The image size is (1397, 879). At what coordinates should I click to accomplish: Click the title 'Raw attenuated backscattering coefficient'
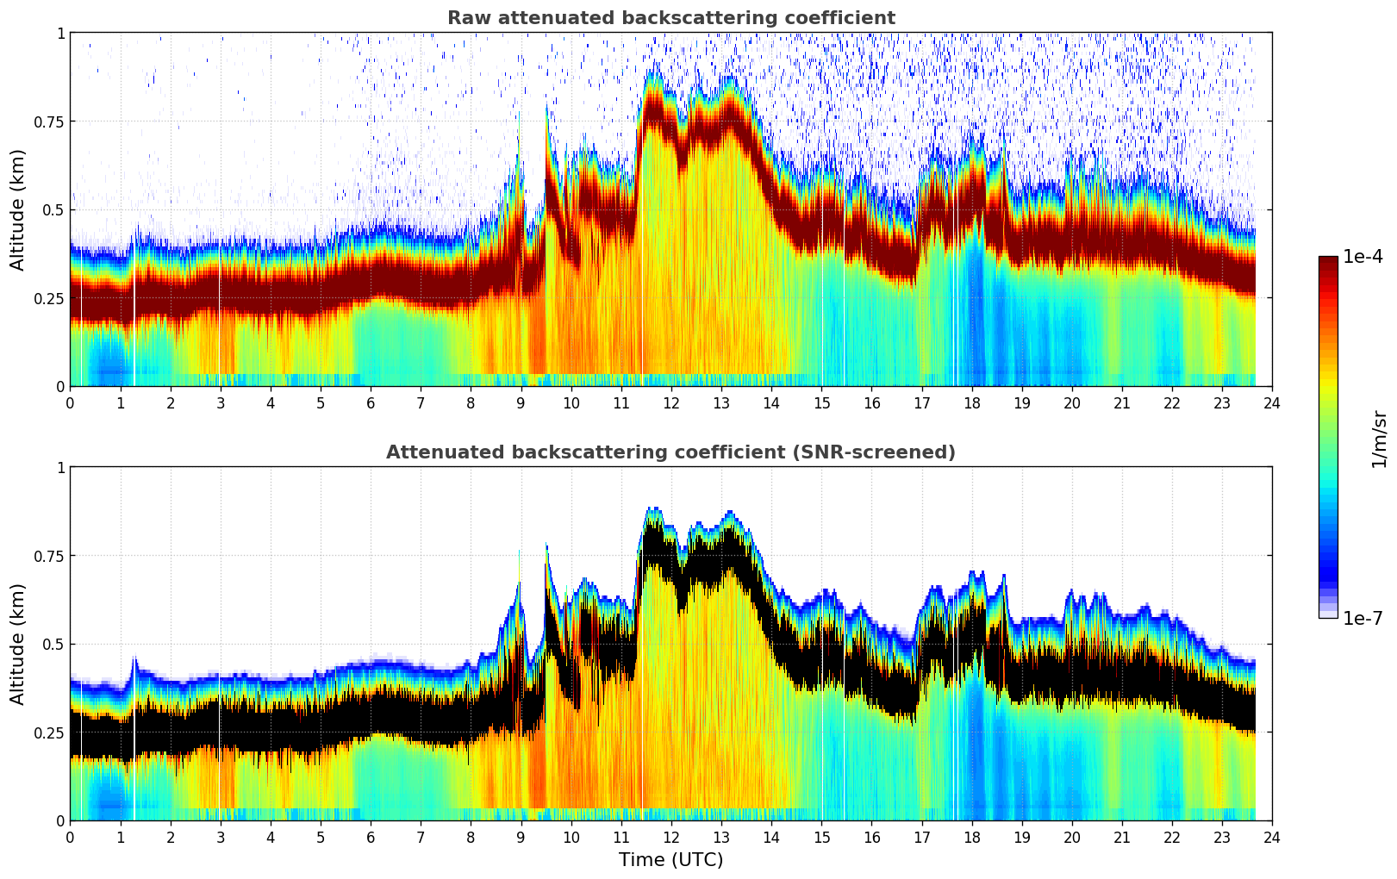(670, 18)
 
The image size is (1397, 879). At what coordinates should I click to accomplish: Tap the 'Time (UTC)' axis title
(670, 860)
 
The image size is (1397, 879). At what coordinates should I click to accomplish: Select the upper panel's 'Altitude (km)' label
(18, 209)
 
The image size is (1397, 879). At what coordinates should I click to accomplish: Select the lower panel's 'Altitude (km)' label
(18, 644)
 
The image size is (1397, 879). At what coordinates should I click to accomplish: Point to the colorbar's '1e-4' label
(1363, 257)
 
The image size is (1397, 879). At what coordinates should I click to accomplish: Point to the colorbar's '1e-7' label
(1363, 618)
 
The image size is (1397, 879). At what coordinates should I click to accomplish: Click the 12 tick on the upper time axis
(671, 402)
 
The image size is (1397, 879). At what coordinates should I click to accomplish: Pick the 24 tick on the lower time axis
(1272, 837)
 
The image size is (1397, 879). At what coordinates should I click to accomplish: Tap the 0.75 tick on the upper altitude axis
(49, 122)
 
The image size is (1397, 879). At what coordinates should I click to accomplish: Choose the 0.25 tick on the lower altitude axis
(49, 732)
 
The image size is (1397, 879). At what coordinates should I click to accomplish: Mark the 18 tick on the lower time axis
(971, 837)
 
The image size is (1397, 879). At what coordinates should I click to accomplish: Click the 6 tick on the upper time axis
(371, 402)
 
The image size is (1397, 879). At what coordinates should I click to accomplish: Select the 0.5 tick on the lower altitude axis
(54, 644)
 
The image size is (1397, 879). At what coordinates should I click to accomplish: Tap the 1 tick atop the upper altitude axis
(60, 34)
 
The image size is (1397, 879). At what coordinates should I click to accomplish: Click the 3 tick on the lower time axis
(221, 837)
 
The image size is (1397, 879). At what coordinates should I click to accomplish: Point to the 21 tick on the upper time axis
(1122, 402)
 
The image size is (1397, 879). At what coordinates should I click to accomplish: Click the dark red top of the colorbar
(1327, 262)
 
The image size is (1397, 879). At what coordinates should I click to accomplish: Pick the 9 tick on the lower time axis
(521, 837)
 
